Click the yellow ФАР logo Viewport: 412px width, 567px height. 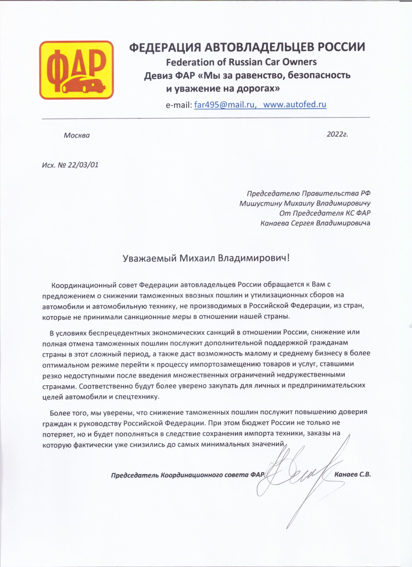pos(76,70)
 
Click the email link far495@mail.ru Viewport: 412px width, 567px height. pos(225,105)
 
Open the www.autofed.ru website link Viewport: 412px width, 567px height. pos(295,105)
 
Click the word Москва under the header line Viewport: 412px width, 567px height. pos(76,136)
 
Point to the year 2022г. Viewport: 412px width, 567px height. pos(338,134)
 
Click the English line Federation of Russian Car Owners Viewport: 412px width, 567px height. pos(241,62)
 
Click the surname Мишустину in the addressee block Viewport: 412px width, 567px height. pos(260,203)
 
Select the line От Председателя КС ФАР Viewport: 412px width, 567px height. pos(325,213)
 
